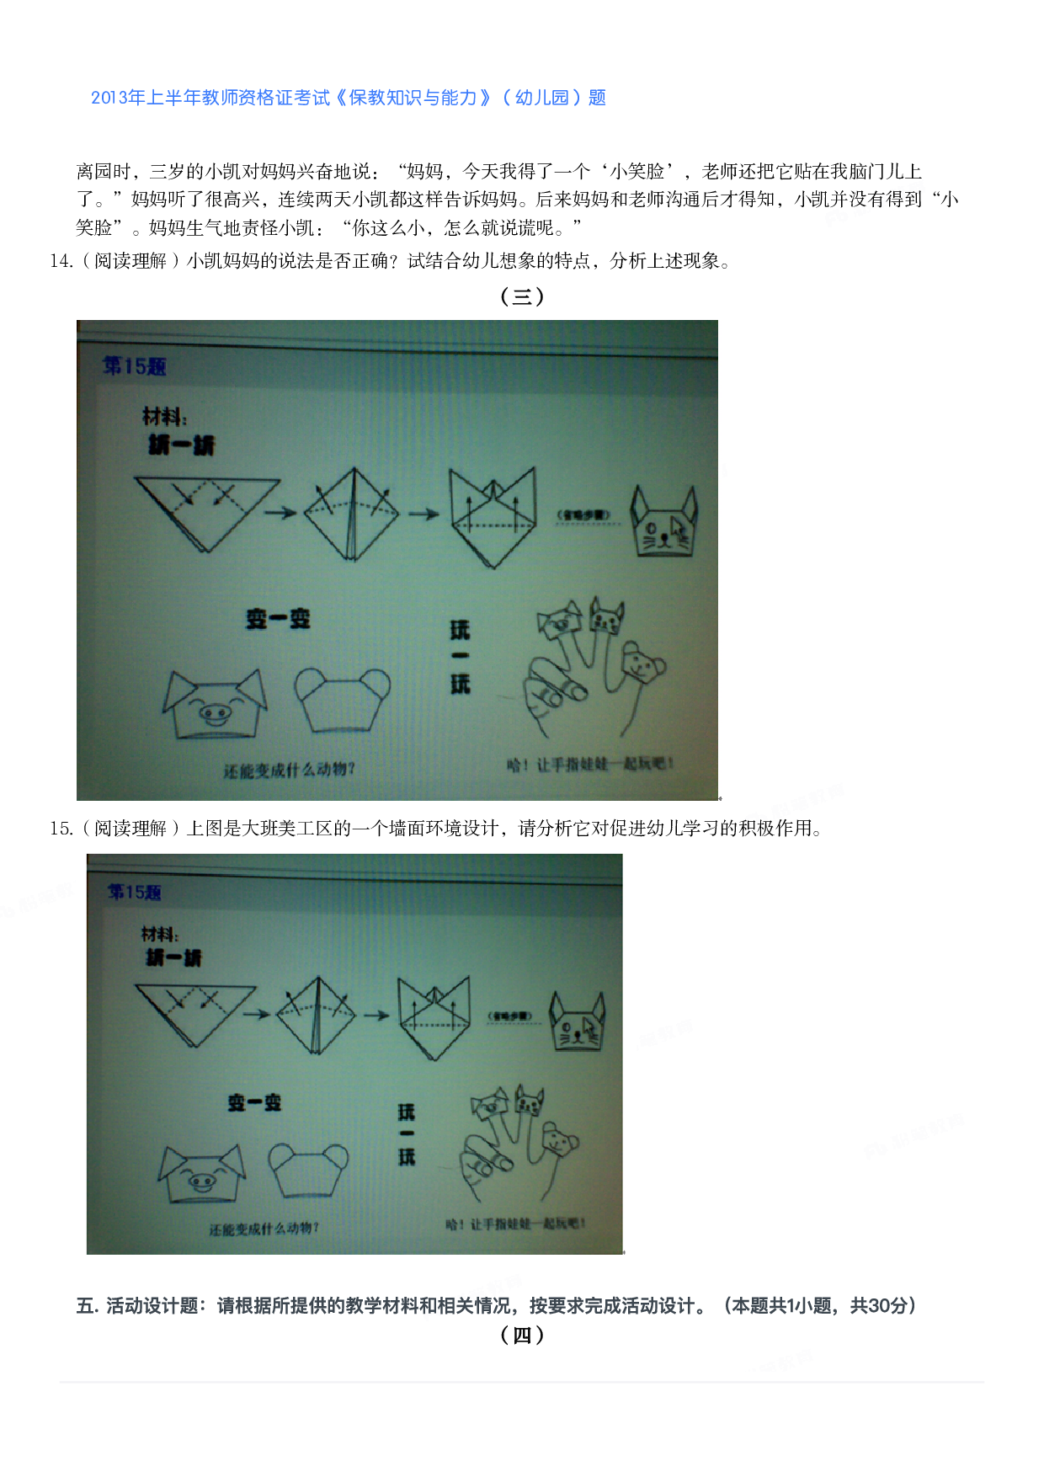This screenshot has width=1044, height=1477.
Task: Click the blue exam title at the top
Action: click(349, 98)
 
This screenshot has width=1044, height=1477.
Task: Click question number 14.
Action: click(61, 261)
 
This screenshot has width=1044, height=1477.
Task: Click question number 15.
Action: click(61, 829)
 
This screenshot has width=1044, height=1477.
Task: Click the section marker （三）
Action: click(522, 296)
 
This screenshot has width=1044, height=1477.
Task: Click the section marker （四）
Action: click(522, 1336)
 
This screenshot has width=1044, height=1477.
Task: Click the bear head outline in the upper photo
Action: click(343, 699)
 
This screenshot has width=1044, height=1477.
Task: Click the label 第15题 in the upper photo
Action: click(134, 366)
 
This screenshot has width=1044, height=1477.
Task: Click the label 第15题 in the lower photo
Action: click(134, 892)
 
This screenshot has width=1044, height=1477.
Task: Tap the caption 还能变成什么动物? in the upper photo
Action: click(289, 770)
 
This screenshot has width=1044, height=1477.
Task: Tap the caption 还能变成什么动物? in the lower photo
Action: click(264, 1229)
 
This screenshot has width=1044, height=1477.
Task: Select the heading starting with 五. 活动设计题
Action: click(496, 1306)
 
